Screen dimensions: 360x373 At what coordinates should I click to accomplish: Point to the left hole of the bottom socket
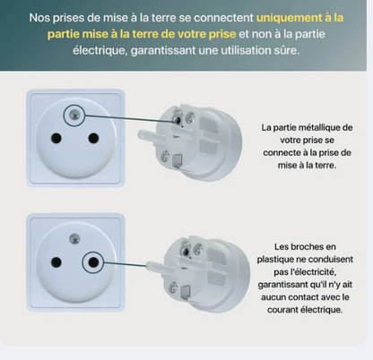pyautogui.click(x=55, y=261)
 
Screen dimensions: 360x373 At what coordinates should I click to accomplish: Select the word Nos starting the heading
pyautogui.click(x=39, y=17)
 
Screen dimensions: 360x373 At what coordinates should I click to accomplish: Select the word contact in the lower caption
pyautogui.click(x=309, y=297)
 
